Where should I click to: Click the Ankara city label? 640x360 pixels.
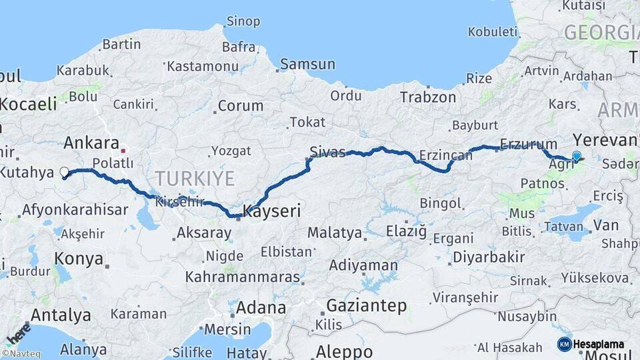(91, 143)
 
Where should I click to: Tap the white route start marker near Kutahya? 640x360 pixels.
(65, 173)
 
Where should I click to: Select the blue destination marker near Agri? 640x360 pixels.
(577, 156)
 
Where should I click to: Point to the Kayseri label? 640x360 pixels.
(271, 211)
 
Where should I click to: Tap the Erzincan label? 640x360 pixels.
(445, 155)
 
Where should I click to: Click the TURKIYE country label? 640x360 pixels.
(195, 178)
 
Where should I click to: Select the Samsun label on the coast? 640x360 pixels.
(307, 65)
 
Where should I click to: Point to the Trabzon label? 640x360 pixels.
(428, 97)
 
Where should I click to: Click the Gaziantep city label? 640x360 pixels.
(366, 306)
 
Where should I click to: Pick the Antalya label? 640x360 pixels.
(61, 315)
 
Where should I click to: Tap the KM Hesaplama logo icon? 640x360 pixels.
(564, 344)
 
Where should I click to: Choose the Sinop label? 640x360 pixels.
(243, 21)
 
